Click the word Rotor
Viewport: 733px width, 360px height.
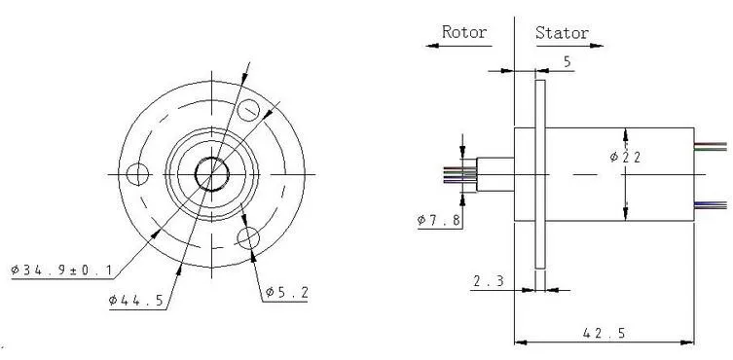click(464, 32)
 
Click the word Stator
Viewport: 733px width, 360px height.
click(562, 33)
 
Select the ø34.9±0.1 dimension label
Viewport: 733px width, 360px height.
click(61, 270)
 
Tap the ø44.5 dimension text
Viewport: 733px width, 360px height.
click(136, 300)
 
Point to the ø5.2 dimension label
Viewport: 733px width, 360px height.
click(287, 293)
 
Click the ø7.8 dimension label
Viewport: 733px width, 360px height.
click(439, 220)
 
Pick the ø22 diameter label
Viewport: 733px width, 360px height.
click(625, 157)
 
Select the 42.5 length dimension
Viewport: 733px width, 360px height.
click(604, 334)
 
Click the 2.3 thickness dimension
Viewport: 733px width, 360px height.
click(489, 281)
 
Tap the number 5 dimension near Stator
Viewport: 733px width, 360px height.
click(568, 62)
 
